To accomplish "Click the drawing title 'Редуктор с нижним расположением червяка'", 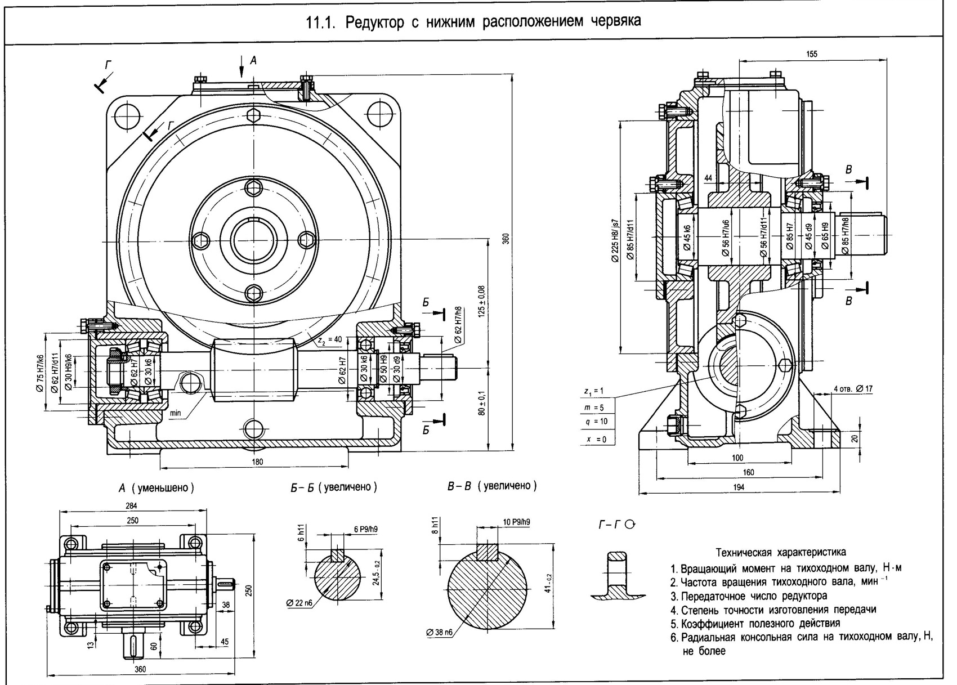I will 493,22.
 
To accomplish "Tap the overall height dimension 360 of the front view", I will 505,239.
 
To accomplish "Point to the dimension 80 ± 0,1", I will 481,404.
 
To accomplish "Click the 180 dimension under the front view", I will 257,462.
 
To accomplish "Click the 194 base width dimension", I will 738,487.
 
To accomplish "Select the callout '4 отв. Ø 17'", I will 853,388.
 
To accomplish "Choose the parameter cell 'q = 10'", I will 596,422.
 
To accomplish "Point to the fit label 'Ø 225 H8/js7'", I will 614,240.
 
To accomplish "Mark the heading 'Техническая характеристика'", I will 780,552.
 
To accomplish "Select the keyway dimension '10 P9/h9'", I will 516,522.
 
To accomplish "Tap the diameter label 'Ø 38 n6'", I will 440,632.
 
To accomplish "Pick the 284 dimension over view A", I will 131,505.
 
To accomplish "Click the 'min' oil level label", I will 175,413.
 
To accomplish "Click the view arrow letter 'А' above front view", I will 253,60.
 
